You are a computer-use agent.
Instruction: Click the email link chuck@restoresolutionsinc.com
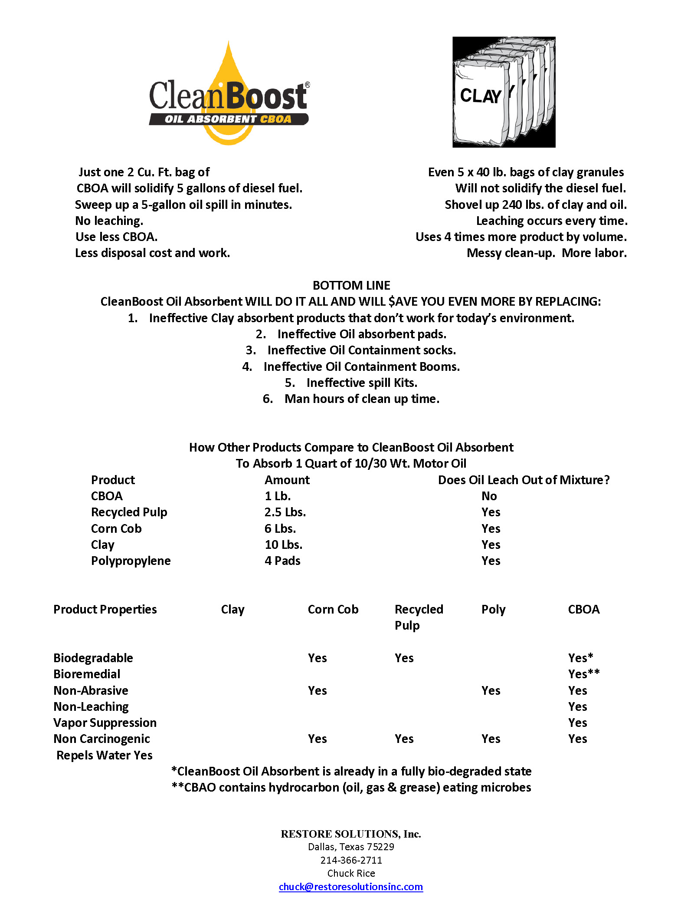click(x=350, y=887)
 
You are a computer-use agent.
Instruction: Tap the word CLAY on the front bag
click(x=480, y=96)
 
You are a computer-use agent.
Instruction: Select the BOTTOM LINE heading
click(x=351, y=285)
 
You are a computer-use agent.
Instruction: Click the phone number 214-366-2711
click(x=351, y=860)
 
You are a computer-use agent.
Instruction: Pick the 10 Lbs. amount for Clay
click(x=284, y=544)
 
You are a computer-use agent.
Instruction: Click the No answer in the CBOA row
click(x=489, y=496)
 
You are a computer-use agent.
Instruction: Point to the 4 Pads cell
click(x=282, y=561)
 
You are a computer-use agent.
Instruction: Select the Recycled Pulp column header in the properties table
click(x=418, y=617)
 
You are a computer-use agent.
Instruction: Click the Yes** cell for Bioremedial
click(x=584, y=674)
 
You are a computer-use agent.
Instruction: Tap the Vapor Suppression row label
click(x=105, y=723)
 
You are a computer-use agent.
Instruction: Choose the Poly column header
click(x=493, y=610)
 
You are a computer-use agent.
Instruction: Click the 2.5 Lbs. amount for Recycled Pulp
click(x=285, y=512)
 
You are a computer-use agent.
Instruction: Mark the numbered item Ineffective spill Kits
click(x=361, y=383)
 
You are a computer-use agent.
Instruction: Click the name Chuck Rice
click(x=351, y=873)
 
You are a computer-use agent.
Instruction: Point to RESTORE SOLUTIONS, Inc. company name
click(x=351, y=834)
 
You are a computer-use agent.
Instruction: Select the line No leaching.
click(x=109, y=221)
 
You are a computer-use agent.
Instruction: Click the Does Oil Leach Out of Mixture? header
click(x=524, y=480)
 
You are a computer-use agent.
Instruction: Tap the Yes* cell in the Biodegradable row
click(x=580, y=658)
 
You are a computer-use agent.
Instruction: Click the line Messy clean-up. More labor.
click(x=546, y=253)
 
